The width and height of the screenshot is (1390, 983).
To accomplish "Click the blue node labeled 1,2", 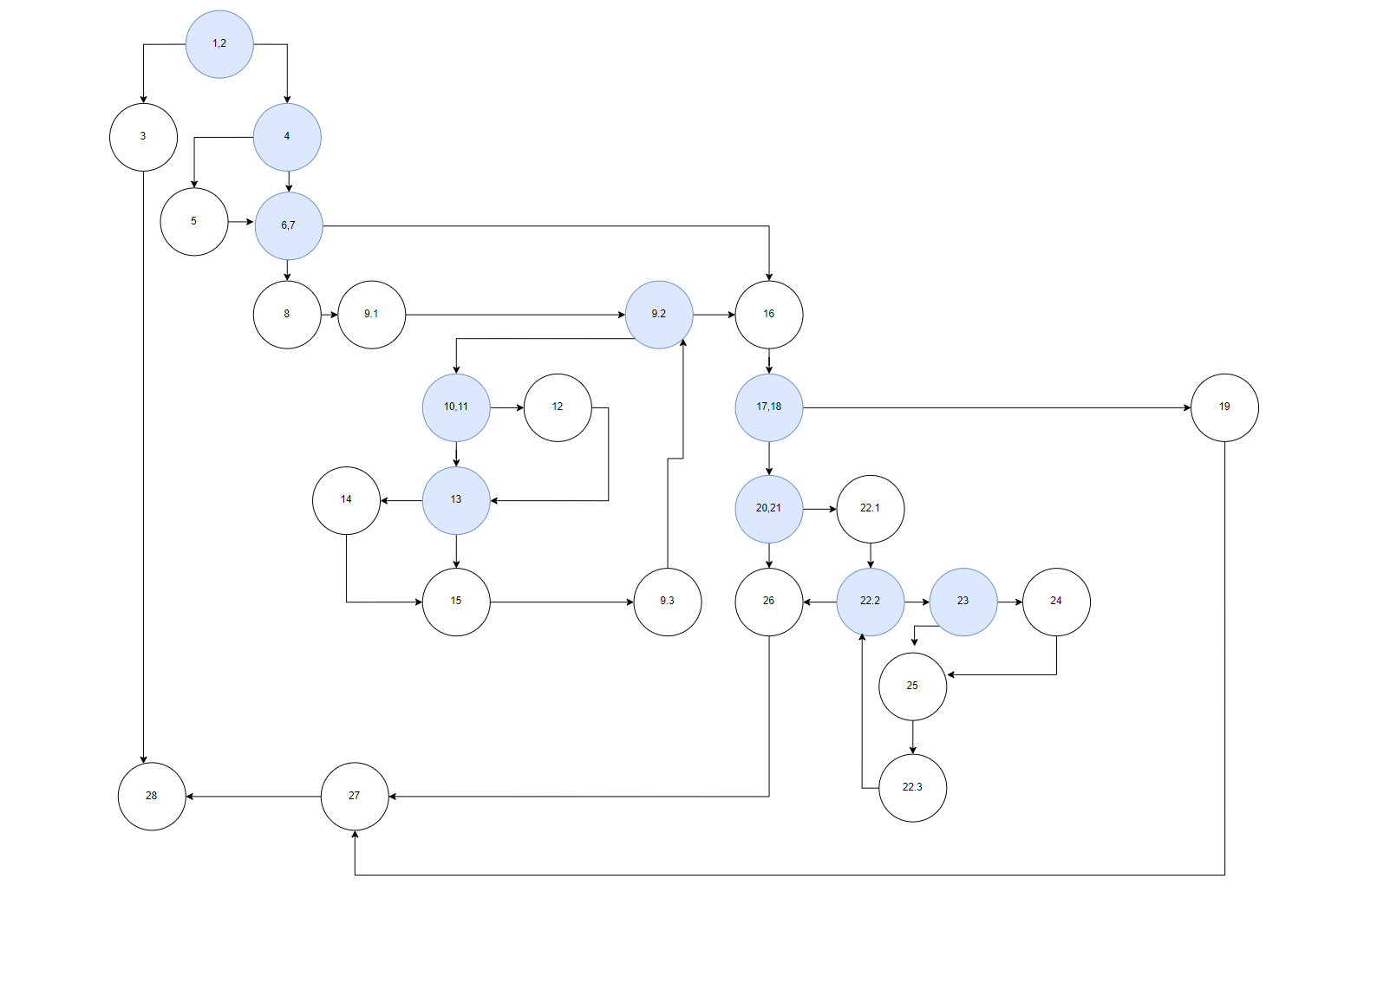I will pos(219,44).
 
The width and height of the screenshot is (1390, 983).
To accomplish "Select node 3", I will pos(144,137).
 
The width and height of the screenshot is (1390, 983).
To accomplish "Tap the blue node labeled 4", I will pos(287,137).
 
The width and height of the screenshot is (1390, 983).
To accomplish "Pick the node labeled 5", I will pos(194,222).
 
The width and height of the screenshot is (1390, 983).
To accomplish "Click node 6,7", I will pos(289,226).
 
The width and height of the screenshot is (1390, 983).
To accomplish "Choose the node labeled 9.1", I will pos(372,315).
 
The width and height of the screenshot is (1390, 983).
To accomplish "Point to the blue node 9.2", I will pos(659,315).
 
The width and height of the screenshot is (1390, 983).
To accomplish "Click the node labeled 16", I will pos(769,315).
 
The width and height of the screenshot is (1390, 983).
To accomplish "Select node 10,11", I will pos(456,407).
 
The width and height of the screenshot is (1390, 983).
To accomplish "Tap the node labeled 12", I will pos(558,407).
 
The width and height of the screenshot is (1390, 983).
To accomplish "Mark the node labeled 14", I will pos(346,500).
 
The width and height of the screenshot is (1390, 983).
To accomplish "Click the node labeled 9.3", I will pos(668,602).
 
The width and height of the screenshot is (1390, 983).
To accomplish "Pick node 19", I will pos(1224,407).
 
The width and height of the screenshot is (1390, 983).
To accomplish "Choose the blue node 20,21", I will pos(769,509).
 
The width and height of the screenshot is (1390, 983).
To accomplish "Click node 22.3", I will pos(912,788).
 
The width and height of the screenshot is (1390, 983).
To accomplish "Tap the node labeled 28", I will pos(152,797).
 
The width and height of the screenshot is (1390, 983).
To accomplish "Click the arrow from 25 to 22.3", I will pos(912,738).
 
